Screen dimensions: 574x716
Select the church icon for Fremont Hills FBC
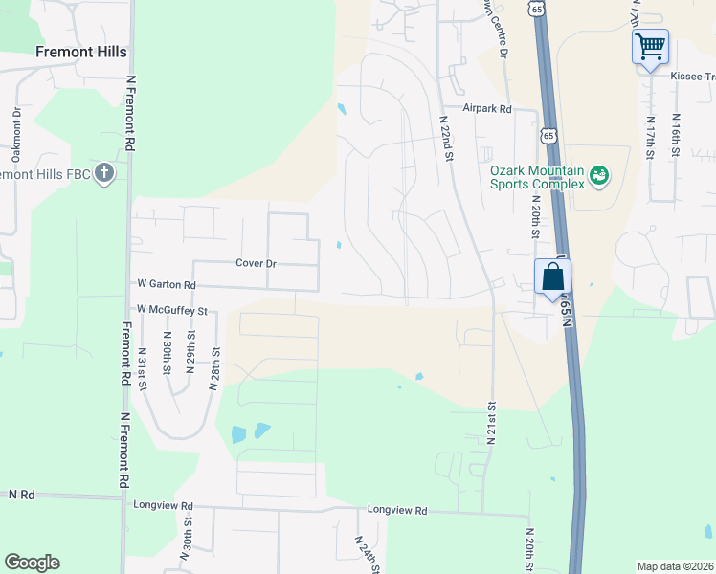(105, 174)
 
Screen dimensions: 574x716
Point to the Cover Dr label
(256, 263)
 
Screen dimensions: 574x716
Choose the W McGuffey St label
(172, 310)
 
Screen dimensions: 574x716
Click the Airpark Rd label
(487, 110)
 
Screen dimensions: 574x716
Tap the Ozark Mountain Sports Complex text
(536, 177)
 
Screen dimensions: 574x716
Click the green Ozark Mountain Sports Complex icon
(599, 174)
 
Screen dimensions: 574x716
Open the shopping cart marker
(650, 46)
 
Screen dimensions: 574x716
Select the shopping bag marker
(552, 277)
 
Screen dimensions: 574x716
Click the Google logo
(32, 563)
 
